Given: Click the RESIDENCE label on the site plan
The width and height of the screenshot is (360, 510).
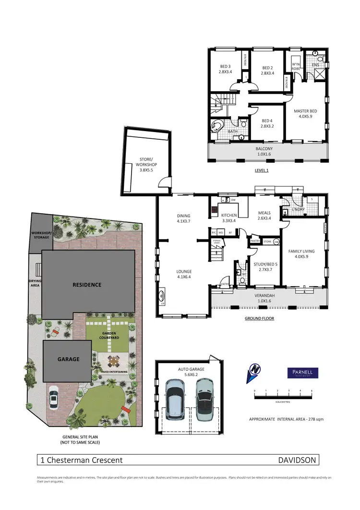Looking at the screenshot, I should coord(87,284).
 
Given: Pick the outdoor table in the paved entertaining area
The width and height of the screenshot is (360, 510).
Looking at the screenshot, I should coord(114,360).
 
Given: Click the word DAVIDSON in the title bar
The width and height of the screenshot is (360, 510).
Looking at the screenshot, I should coord(297,460).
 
